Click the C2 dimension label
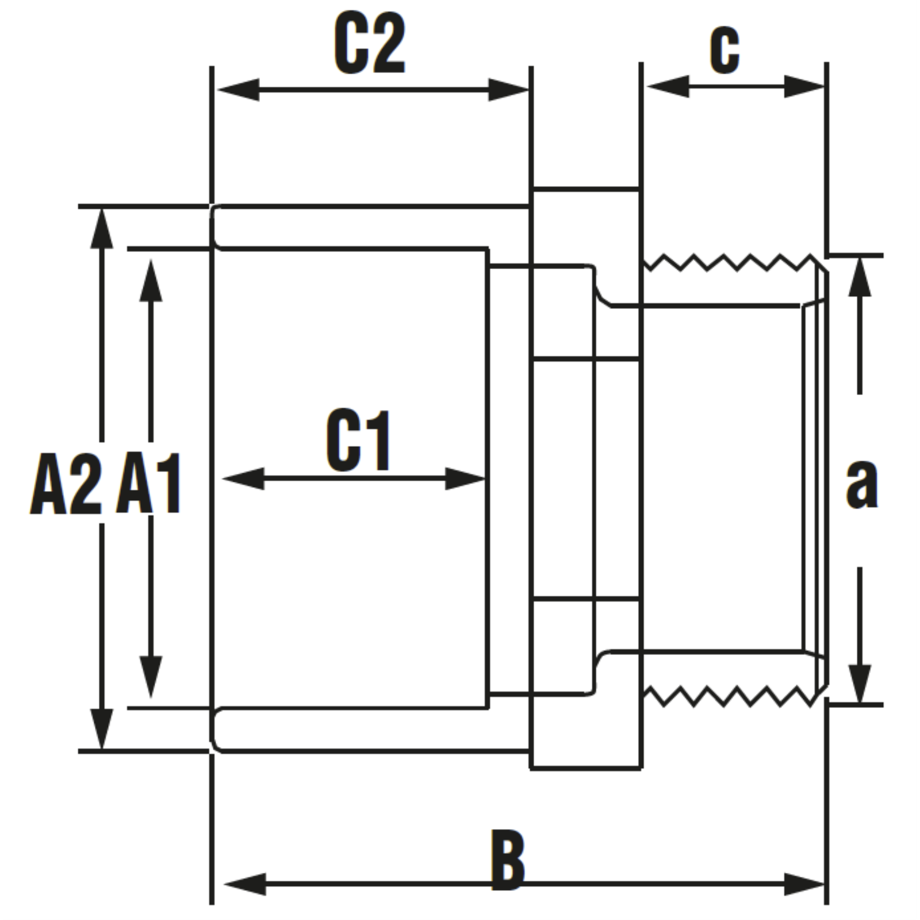point(370,45)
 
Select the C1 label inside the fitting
point(359,440)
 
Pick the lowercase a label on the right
point(862,484)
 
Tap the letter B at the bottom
point(508,860)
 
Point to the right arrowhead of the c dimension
point(804,87)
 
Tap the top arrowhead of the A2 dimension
point(102,229)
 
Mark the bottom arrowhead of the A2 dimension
point(102,729)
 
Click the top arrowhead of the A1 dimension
point(151,281)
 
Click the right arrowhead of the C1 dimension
point(465,478)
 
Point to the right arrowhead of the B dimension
point(804,884)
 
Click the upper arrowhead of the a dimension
point(860,277)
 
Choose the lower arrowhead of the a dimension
point(860,684)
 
